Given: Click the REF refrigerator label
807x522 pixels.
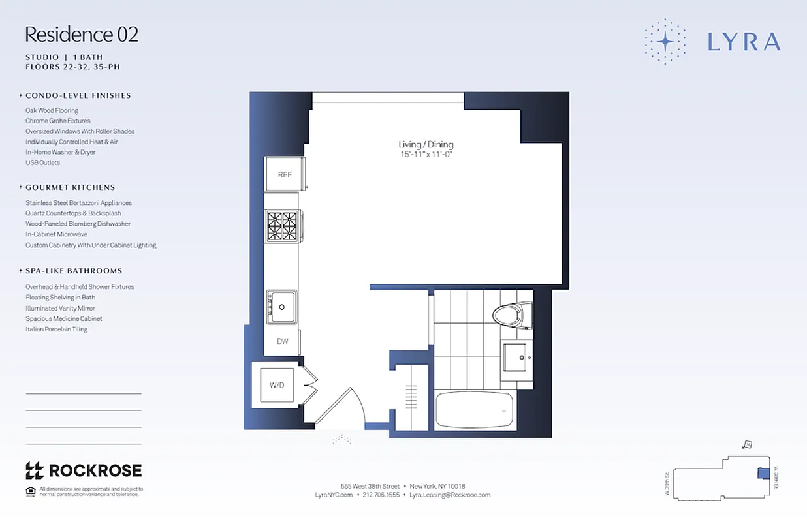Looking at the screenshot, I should [x=285, y=174].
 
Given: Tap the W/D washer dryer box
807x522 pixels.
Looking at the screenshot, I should [x=277, y=385].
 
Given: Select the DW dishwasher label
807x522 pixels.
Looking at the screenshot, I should [x=283, y=341].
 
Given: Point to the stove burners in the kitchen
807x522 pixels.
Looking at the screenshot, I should [x=281, y=226].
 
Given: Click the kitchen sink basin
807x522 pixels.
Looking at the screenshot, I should [x=281, y=307].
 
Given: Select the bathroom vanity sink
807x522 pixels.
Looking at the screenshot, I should [x=517, y=356].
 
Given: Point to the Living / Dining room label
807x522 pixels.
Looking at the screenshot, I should [x=426, y=145].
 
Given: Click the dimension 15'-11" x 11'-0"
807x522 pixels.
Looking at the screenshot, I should [x=426, y=155].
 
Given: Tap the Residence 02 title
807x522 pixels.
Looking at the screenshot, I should [x=82, y=35].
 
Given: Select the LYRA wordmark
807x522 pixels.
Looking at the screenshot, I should [x=744, y=42].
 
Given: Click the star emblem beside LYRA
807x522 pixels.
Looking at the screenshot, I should [x=665, y=41].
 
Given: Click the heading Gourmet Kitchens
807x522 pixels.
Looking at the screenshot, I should [x=70, y=187].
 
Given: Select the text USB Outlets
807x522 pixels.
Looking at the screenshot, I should [x=42, y=162].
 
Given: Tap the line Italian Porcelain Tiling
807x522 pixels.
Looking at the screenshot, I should [x=56, y=330].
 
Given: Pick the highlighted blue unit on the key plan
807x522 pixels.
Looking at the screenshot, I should [x=762, y=474].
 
